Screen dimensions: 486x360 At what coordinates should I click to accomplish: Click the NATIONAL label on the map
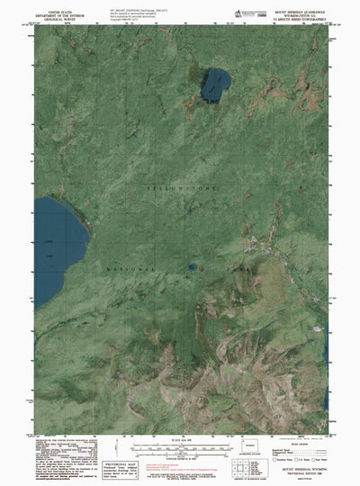(x=129, y=269)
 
